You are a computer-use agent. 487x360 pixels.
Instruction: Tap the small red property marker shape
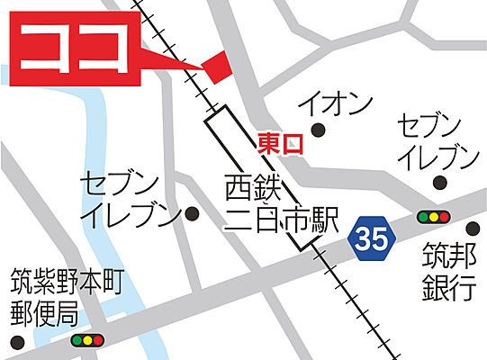pos(216,67)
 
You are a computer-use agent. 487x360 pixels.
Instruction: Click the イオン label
pos(336,104)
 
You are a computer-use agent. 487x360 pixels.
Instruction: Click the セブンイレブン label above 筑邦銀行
pos(438,143)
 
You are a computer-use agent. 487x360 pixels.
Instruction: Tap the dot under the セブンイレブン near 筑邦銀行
pos(438,184)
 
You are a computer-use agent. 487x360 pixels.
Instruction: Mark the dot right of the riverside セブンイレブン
pos(191,214)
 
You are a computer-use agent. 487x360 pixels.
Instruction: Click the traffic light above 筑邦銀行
pos(433,217)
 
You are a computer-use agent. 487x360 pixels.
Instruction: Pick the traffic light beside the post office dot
pos(88,341)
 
